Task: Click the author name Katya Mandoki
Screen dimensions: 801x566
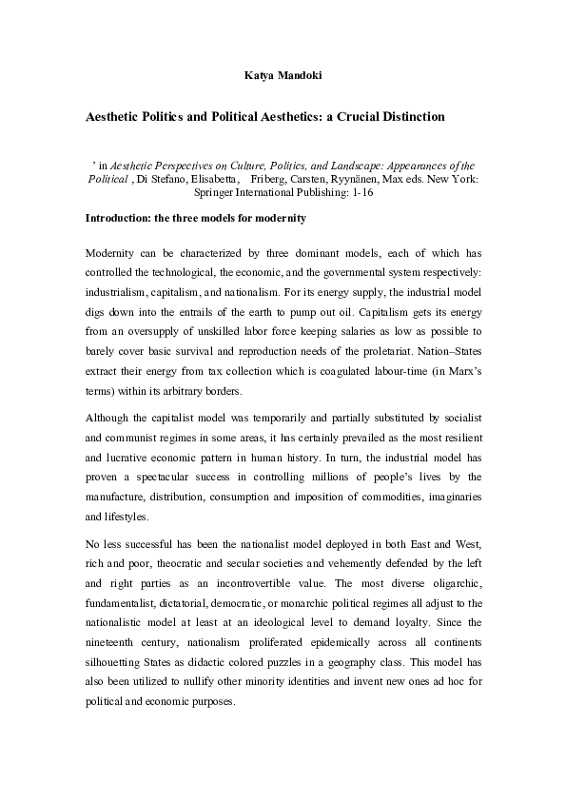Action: point(283,72)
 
